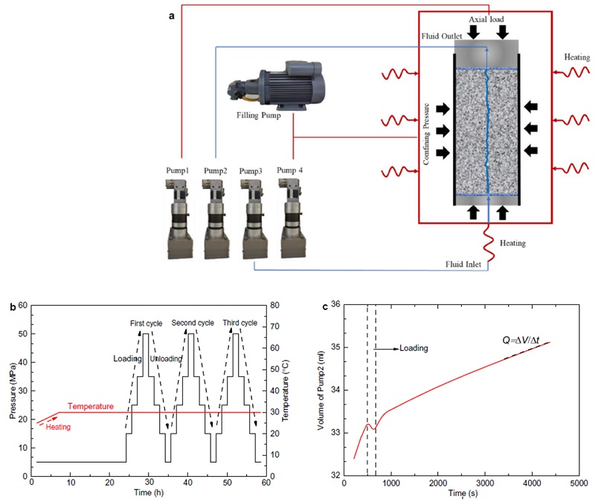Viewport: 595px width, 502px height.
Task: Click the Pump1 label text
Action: [x=178, y=171]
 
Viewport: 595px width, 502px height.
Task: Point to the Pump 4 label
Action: [x=291, y=171]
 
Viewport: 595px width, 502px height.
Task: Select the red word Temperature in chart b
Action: [x=90, y=406]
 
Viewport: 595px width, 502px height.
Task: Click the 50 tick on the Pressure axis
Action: [x=23, y=334]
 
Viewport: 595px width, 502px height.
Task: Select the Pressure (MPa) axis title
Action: [x=13, y=390]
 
